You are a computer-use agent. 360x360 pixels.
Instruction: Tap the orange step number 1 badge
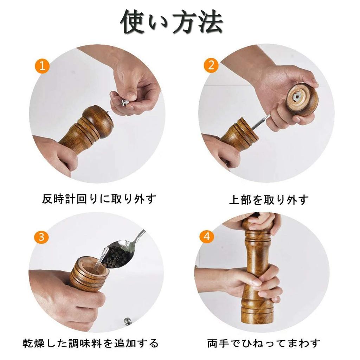click(x=43, y=66)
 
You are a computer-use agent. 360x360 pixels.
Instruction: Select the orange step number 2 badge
click(x=211, y=65)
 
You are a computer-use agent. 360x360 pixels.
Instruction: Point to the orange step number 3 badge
click(x=41, y=237)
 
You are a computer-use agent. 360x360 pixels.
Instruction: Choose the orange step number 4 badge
click(x=207, y=236)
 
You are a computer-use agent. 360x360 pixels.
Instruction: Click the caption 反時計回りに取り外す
click(x=99, y=199)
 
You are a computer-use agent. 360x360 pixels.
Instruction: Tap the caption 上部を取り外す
click(x=269, y=200)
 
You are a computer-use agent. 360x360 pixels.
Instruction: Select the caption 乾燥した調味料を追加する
click(x=91, y=343)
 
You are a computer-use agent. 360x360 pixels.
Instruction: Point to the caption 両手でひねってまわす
click(x=264, y=343)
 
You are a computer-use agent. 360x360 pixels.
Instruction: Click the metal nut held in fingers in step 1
click(x=125, y=102)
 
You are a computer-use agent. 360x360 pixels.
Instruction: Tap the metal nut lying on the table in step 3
click(x=127, y=321)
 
